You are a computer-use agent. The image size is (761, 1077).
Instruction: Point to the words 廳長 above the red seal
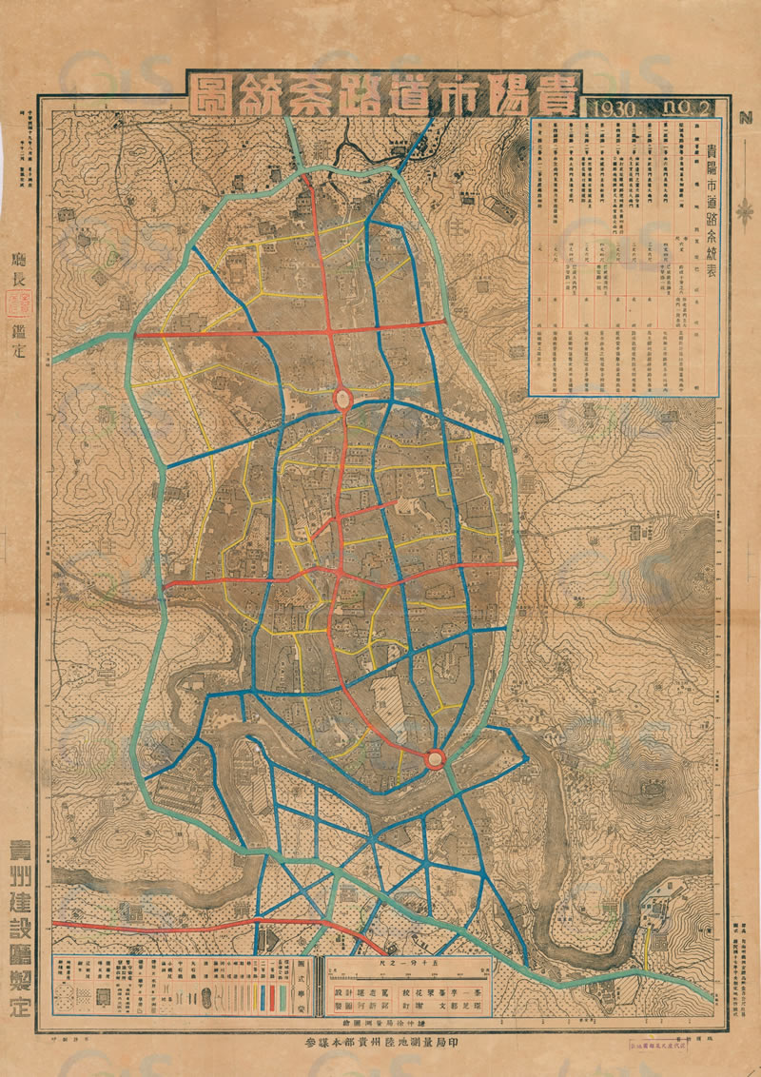pyautogui.click(x=16, y=269)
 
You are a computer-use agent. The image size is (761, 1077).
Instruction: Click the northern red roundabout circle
pyautogui.click(x=343, y=400)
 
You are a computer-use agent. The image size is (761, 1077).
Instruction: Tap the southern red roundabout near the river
pyautogui.click(x=435, y=758)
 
